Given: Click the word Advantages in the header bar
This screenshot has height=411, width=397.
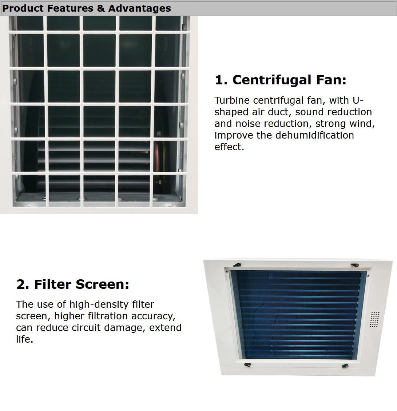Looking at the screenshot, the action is pos(139,8).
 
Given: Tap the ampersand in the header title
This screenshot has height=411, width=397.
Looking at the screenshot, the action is pos(101,8).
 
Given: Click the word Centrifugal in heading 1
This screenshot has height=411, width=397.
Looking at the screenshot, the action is pos(272,80).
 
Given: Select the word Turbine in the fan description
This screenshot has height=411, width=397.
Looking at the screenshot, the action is pos(232,100).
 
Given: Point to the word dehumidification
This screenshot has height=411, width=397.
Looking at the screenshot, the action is pos(315,135).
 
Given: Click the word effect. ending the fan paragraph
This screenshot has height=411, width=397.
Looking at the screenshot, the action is pos(229,147).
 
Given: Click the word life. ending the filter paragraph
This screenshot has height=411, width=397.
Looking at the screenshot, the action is pos(24,339).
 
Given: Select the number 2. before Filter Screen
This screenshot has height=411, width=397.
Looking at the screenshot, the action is pos(23,284).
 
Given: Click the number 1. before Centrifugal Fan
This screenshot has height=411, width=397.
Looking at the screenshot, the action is pos(221,80).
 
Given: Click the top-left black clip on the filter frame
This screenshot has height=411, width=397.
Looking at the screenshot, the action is pos(238,265).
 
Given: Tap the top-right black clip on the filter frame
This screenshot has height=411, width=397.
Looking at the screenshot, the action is pos(355,265).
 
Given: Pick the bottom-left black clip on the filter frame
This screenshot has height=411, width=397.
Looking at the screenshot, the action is pos(247,364).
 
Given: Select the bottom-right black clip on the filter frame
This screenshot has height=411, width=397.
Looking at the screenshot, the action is pos(345,366).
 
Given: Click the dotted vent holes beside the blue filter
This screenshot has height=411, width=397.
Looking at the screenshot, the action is pos(374,319).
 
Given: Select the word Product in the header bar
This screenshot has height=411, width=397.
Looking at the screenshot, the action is pos(23,8).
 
